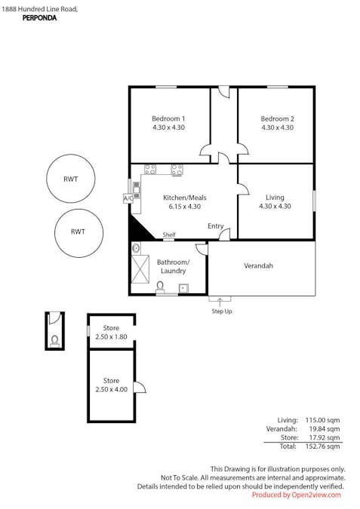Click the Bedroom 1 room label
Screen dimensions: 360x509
(x=168, y=119)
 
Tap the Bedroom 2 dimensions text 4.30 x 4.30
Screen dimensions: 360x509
(x=278, y=127)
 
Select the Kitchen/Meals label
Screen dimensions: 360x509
(x=185, y=198)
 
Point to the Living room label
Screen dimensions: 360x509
(x=275, y=198)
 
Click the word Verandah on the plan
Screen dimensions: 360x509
(x=258, y=266)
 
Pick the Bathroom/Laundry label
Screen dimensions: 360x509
(x=173, y=266)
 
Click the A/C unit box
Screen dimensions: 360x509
(x=128, y=198)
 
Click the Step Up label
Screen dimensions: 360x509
(x=222, y=311)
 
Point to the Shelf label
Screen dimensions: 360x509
(x=169, y=235)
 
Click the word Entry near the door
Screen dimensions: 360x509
(x=215, y=226)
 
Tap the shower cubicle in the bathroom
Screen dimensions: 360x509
(x=140, y=269)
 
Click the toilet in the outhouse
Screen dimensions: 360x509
(x=54, y=341)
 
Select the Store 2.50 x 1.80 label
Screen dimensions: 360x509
(x=111, y=333)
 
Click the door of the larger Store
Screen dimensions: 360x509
(x=140, y=387)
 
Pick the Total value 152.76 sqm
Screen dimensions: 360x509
(x=322, y=446)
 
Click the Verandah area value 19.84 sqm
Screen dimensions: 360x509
(x=325, y=429)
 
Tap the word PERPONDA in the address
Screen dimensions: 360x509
(x=39, y=18)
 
